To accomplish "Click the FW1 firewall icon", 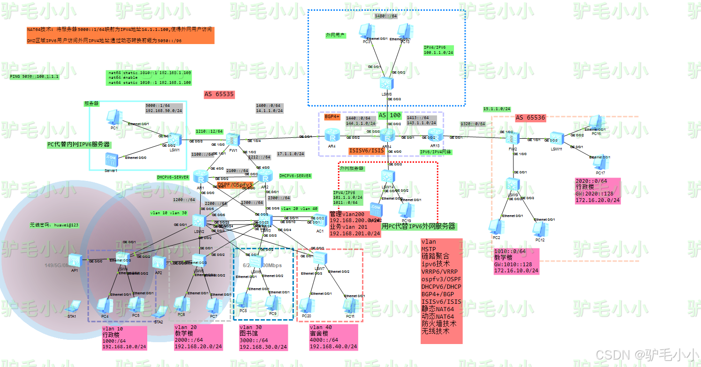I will [x=232, y=139].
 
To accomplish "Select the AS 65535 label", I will [x=219, y=94].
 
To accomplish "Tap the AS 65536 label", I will [x=530, y=118].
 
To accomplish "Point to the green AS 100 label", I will [x=389, y=115].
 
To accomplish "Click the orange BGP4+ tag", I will [x=332, y=117].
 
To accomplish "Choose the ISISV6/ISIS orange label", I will [x=366, y=150].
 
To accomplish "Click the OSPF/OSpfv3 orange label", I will [x=235, y=185].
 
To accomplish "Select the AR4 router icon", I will [x=332, y=136].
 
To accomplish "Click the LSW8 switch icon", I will [x=387, y=83].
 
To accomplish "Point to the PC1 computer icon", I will [x=113, y=118].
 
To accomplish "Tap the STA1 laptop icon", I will [x=73, y=307].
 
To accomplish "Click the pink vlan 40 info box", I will [x=333, y=337].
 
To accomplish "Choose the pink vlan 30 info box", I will [x=263, y=337].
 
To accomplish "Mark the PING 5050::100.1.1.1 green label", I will [x=35, y=76].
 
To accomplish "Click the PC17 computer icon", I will [x=598, y=163].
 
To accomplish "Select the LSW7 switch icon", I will [x=320, y=258].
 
